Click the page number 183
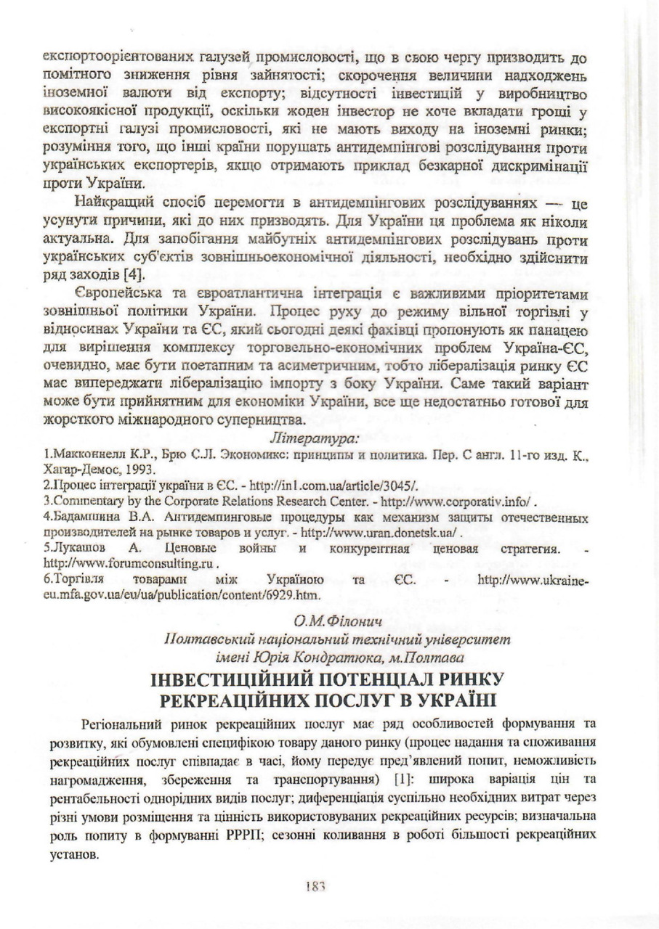click(x=315, y=886)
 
